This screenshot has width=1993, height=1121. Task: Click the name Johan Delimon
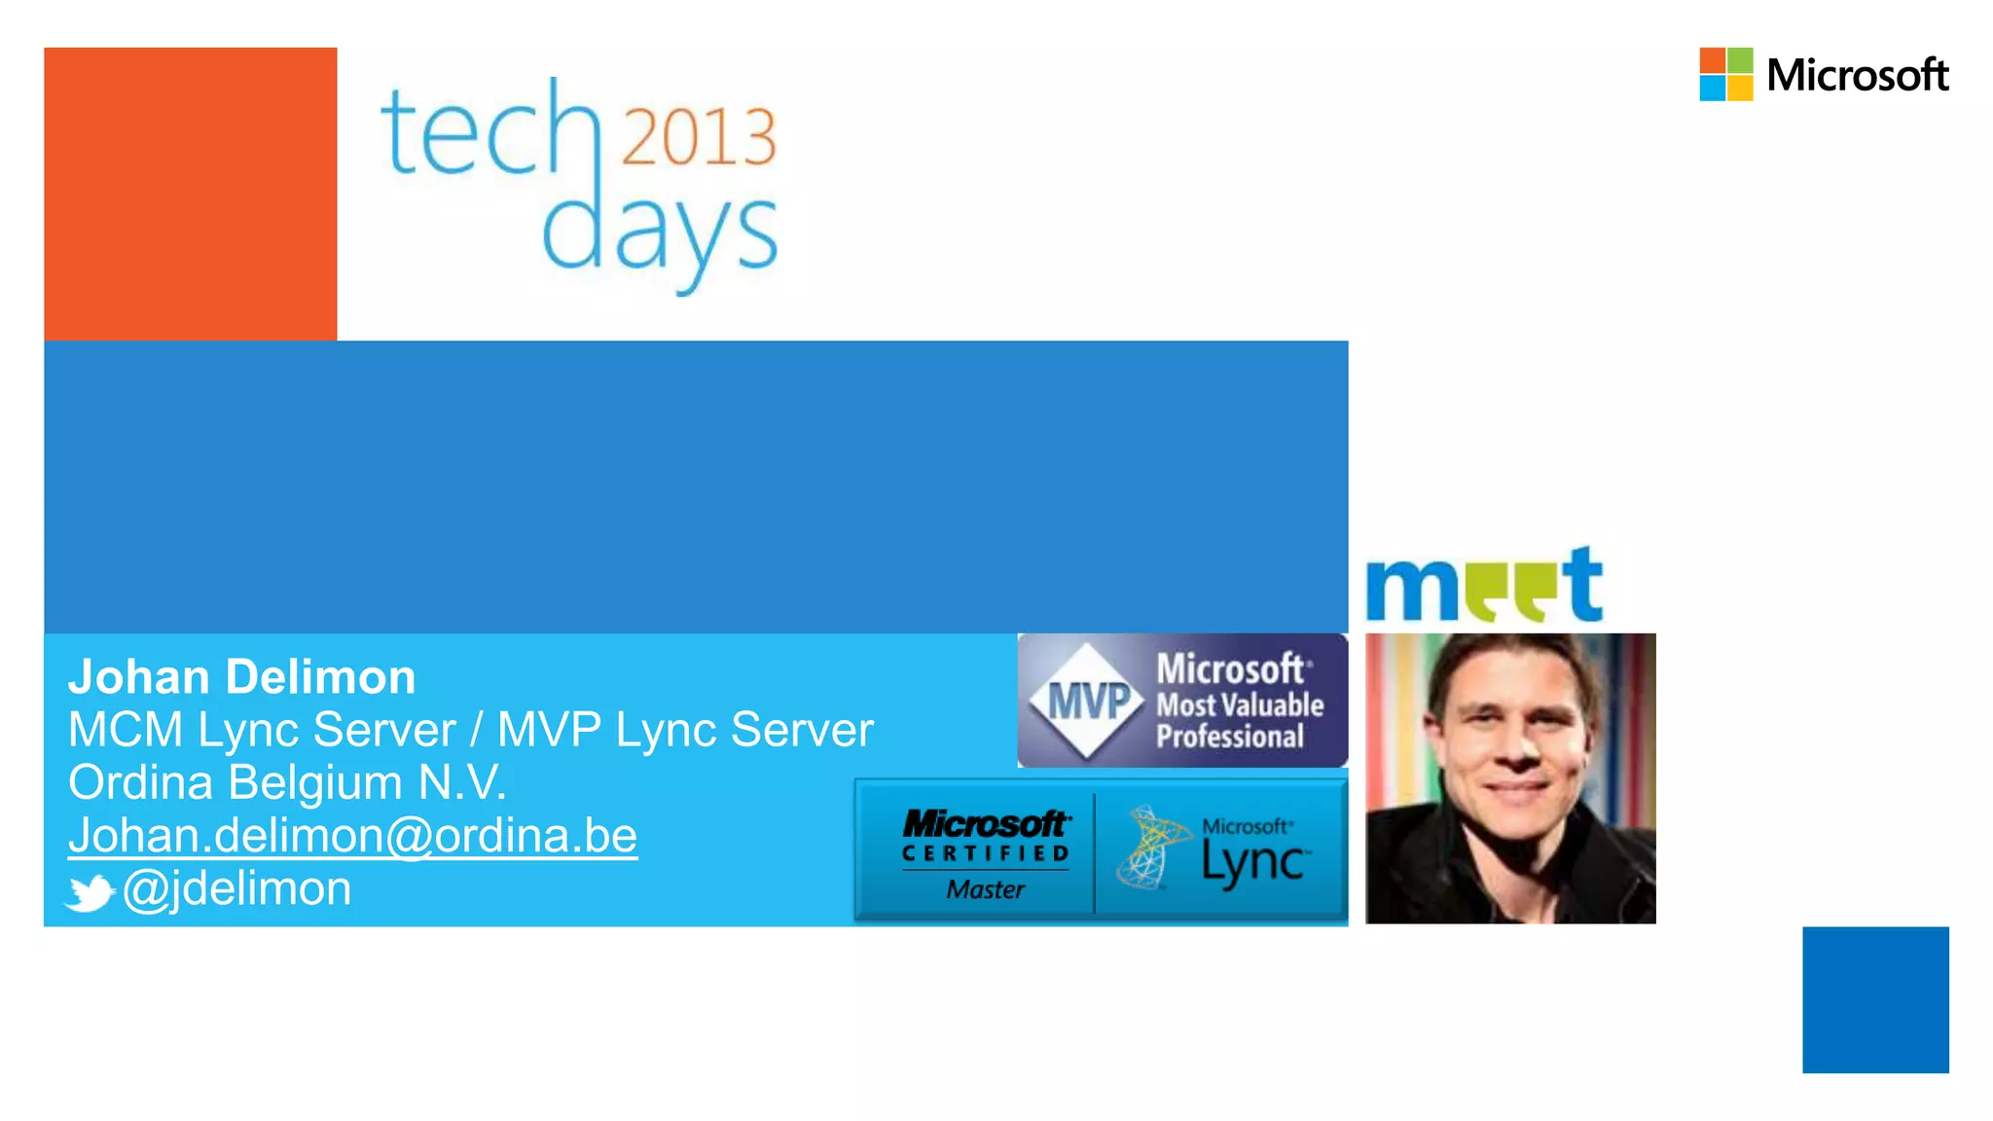(241, 677)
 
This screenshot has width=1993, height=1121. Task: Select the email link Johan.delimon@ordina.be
(352, 836)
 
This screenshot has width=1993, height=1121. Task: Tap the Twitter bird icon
(90, 892)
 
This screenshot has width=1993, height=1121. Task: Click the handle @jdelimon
(236, 889)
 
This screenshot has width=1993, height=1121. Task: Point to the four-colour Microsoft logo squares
(1725, 74)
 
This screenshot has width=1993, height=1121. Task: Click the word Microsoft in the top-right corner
(1857, 76)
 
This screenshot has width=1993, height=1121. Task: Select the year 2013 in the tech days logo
(699, 136)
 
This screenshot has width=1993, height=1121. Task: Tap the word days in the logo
(659, 234)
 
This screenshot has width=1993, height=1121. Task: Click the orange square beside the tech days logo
(191, 194)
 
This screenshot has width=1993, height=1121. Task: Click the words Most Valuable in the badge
(1239, 705)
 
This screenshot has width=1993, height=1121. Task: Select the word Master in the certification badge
(985, 889)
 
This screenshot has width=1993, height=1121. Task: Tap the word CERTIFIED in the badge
(985, 853)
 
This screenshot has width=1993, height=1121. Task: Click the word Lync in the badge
(1253, 862)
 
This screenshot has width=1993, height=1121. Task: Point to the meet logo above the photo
(1483, 586)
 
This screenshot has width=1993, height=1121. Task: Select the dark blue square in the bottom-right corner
(1875, 999)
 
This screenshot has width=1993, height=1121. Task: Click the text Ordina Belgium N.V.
(287, 782)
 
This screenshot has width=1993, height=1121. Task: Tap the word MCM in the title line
(126, 730)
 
